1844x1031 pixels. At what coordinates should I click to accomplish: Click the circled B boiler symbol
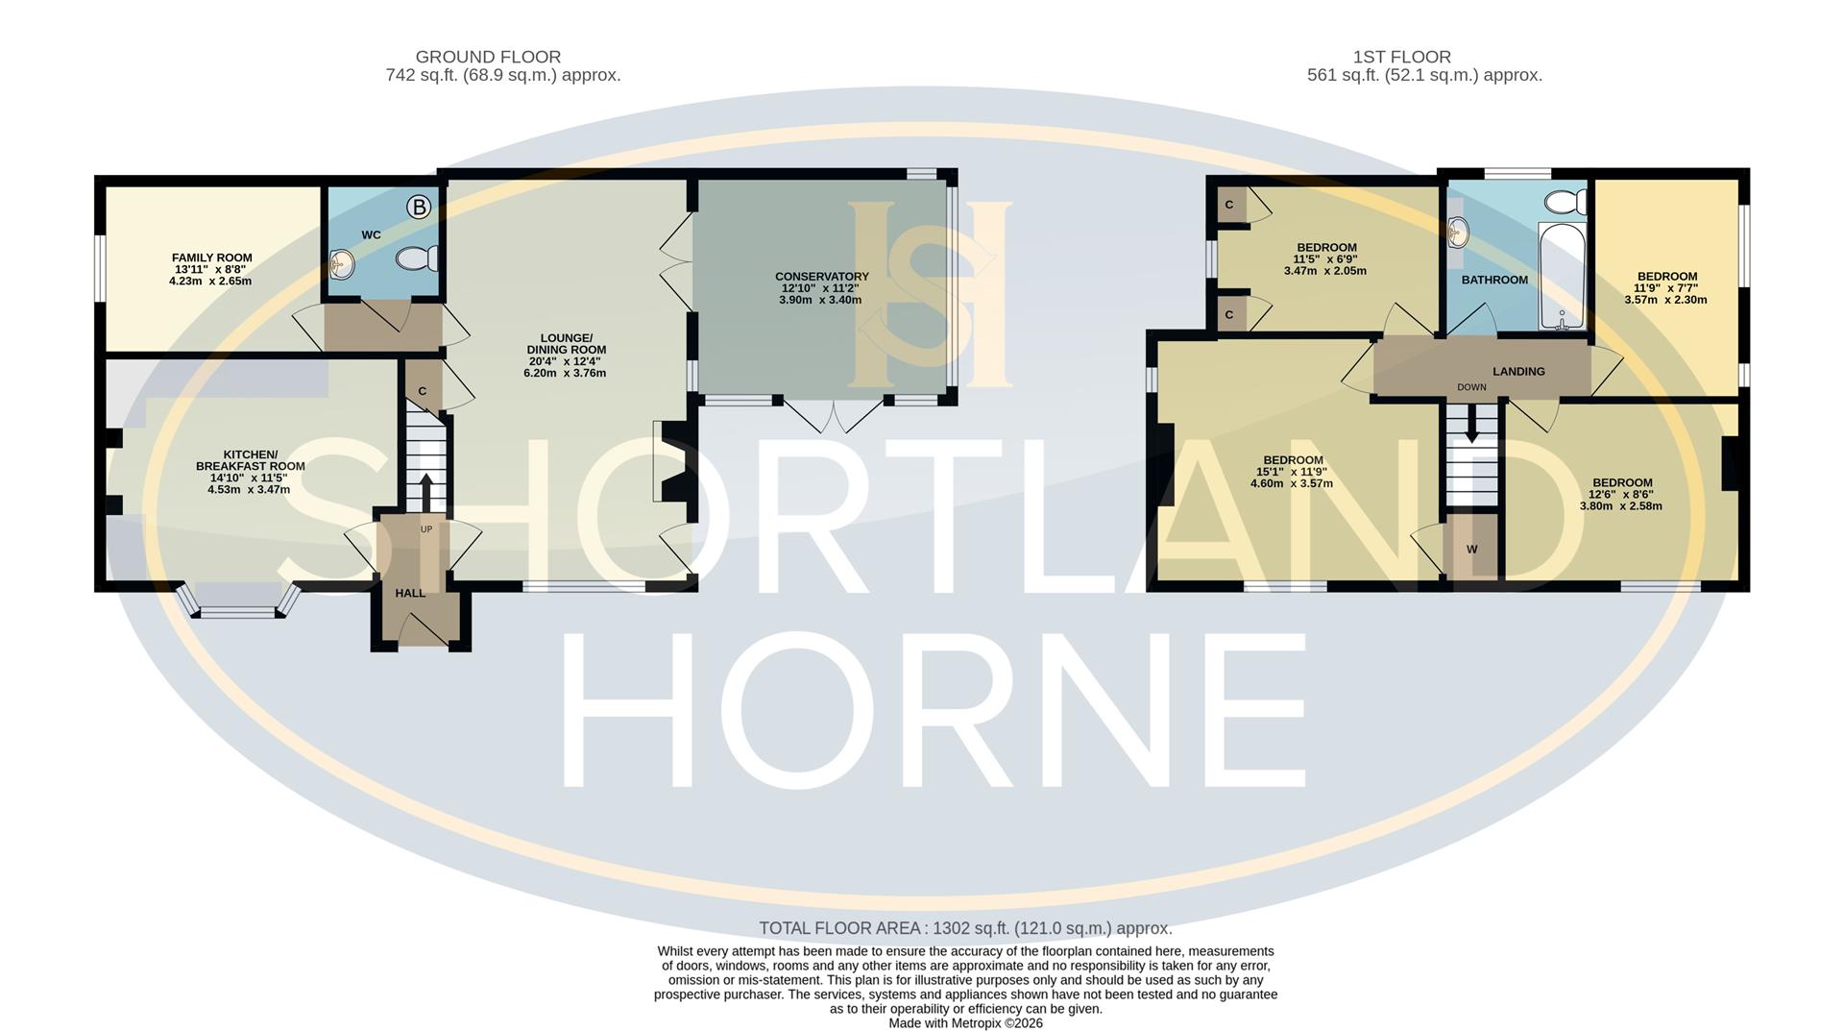[419, 207]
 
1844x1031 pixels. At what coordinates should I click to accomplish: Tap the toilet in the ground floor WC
[419, 258]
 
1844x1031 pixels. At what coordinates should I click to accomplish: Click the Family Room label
[211, 258]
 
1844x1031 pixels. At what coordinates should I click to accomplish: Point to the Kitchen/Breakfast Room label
[250, 460]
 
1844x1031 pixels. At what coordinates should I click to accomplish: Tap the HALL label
[410, 593]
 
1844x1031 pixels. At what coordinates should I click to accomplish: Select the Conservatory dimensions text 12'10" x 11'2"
[821, 288]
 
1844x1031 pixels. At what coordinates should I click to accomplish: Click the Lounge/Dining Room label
[566, 343]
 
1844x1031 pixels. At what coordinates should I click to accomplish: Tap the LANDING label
[1518, 371]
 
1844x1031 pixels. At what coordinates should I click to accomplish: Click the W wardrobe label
[1471, 549]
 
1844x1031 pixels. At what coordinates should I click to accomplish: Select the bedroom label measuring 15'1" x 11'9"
[1293, 460]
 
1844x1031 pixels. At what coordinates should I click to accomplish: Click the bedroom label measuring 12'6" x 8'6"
[1622, 482]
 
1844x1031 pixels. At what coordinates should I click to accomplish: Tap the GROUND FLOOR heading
[488, 57]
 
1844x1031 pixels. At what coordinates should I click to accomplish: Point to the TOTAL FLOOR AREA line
[965, 928]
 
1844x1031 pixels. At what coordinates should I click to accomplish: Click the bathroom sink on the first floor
[1458, 233]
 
